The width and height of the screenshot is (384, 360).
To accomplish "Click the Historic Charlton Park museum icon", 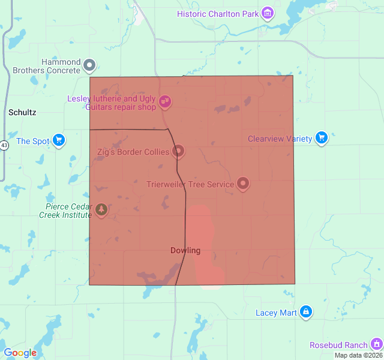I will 268,13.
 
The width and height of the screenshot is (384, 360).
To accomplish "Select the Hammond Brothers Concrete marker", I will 89,64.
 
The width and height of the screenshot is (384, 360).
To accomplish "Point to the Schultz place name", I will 22,112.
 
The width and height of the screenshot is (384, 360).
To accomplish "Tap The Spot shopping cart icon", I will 58,140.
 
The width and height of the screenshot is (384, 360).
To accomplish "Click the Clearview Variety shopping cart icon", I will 322,138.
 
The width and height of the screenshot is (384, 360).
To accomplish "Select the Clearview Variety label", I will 280,139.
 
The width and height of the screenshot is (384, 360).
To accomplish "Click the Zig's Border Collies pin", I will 178,151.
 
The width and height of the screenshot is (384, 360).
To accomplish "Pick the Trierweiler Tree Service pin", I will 243,183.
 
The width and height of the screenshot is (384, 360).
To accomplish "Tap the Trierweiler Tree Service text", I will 190,184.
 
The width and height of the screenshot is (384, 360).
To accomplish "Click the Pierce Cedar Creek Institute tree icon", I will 101,209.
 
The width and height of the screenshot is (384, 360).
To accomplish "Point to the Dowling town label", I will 185,250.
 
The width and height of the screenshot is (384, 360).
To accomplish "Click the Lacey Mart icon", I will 306,311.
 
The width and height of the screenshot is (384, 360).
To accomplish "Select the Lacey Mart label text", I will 276,313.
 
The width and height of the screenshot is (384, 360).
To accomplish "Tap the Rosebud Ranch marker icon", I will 377,344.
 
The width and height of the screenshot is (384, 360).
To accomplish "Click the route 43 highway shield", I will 4,146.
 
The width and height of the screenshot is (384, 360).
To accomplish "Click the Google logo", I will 20,353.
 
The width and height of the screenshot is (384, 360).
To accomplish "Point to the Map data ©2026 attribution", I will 358,355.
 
